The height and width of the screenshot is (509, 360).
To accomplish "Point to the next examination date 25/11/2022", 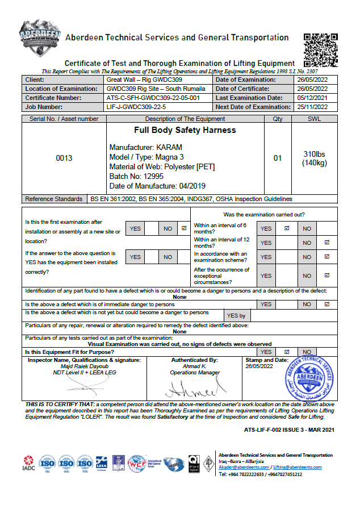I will tap(312, 107).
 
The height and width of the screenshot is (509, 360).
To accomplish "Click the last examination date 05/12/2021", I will tap(312, 98).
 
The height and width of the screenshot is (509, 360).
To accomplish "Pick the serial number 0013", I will tap(64, 158).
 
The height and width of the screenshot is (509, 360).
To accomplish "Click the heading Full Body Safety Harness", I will tap(164, 130).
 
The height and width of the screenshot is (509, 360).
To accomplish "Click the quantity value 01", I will tap(278, 158).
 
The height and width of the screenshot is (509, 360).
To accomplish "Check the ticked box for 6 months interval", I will tap(287, 228).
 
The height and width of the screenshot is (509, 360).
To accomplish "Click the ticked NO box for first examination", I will tap(183, 228).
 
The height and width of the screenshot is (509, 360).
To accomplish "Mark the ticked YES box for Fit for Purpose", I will tap(287, 352).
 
